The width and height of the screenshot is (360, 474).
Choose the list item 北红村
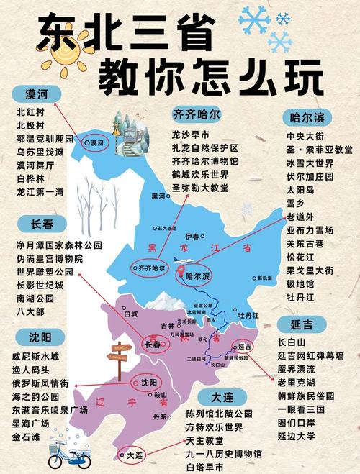31,112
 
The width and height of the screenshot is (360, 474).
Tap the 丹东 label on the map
161,416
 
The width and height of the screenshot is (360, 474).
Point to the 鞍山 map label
161,395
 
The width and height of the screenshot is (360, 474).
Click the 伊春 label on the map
192,236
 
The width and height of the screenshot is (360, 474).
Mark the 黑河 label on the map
158,196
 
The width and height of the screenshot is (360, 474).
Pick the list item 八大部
30,311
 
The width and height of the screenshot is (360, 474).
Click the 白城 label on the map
130,314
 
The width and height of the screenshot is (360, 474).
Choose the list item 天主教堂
206,440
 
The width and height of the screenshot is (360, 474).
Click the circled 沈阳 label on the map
148,382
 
